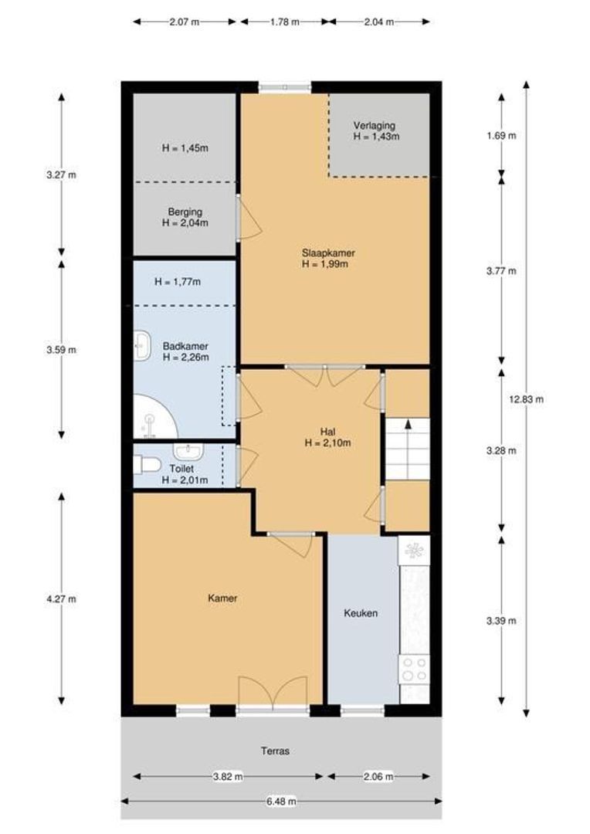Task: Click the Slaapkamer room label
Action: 328,253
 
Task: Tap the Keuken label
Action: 361,612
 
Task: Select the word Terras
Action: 275,751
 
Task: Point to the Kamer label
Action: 222,598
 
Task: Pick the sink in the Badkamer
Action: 142,345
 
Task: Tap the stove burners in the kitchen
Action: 415,669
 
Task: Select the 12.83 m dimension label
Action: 526,399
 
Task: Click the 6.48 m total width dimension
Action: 281,801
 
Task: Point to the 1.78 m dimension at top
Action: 285,22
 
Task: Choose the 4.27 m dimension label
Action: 61,599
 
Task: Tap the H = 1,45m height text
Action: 185,147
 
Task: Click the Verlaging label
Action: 375,126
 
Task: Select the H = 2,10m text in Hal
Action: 327,442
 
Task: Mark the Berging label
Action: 185,212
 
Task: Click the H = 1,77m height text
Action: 178,281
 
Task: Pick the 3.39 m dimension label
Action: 501,621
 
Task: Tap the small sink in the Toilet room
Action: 188,451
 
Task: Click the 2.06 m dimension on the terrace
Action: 378,777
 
